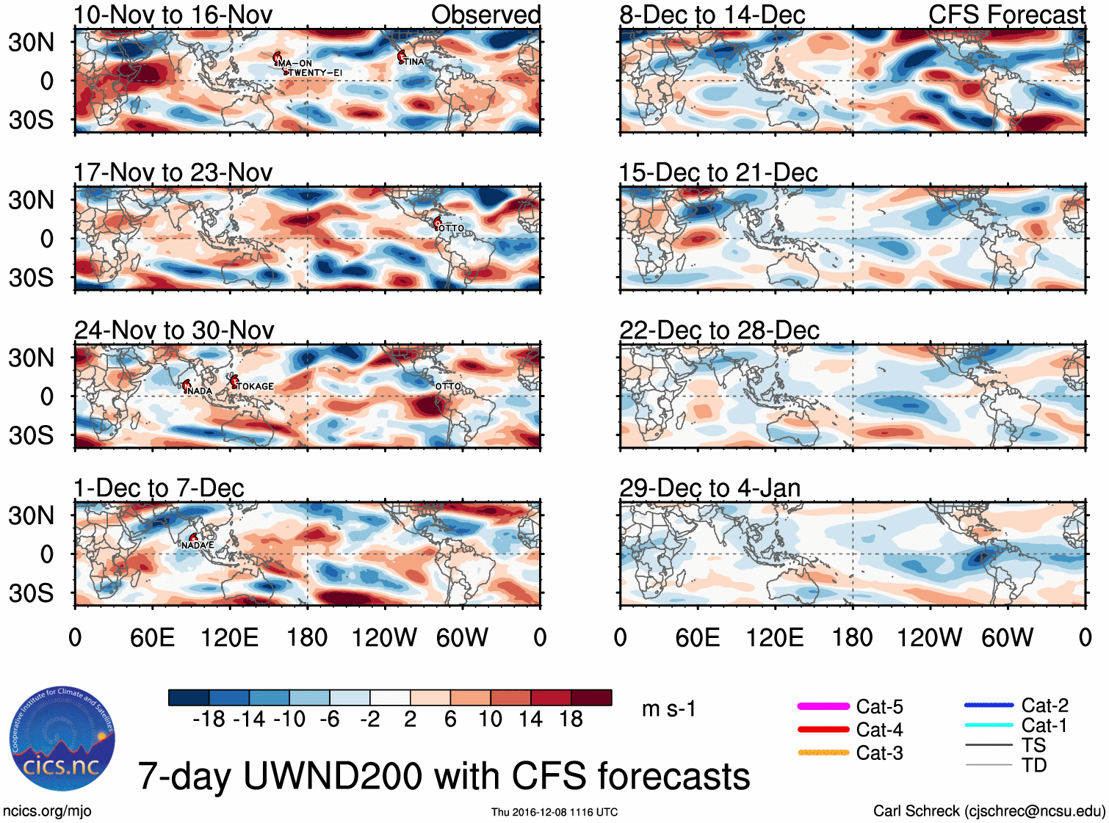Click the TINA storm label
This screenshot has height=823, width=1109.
pyautogui.click(x=414, y=62)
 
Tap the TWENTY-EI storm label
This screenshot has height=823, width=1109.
pyautogui.click(x=315, y=73)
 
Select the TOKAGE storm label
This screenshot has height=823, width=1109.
pyautogui.click(x=255, y=386)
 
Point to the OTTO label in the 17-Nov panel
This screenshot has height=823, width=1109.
pyautogui.click(x=451, y=228)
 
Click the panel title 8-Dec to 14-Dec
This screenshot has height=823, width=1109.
pyautogui.click(x=712, y=15)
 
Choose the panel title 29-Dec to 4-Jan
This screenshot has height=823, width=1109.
pyautogui.click(x=709, y=487)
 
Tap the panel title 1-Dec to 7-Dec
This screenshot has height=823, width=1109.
pyautogui.click(x=159, y=487)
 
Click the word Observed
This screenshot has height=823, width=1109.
pyautogui.click(x=485, y=15)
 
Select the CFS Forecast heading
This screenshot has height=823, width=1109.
pyautogui.click(x=1006, y=15)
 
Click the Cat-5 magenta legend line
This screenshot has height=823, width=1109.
pyautogui.click(x=823, y=706)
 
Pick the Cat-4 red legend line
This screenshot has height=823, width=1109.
pyautogui.click(x=823, y=730)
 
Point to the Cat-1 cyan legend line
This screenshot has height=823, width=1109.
pyautogui.click(x=989, y=725)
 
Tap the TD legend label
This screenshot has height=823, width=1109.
pyautogui.click(x=1033, y=765)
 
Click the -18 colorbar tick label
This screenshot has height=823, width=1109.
pyautogui.click(x=209, y=719)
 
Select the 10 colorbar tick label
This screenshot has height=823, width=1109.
pyautogui.click(x=490, y=719)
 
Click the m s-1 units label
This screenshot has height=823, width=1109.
pyautogui.click(x=668, y=708)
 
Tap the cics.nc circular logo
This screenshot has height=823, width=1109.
pyautogui.click(x=62, y=739)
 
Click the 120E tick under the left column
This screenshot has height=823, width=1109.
pyautogui.click(x=229, y=637)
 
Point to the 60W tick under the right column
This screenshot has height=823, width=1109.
pyautogui.click(x=1007, y=637)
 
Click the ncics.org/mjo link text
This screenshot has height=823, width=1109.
pyautogui.click(x=47, y=811)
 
